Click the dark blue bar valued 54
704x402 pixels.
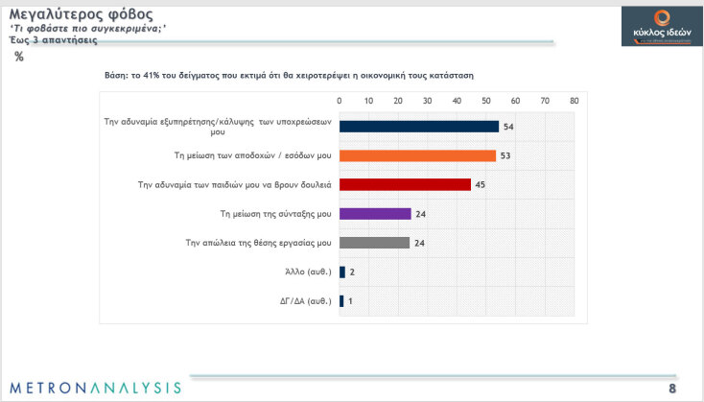419,127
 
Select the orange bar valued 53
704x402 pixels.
417,155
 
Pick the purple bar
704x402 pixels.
375,214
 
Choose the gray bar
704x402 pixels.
375,243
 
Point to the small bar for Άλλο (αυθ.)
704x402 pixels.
342,272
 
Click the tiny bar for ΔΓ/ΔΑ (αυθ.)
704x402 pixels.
341,301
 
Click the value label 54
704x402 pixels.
509,127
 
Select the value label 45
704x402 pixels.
482,184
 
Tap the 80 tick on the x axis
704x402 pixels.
574,100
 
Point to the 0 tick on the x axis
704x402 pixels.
340,100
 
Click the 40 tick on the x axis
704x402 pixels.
457,100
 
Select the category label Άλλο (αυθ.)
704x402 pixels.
307,272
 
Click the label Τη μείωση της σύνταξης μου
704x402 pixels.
275,214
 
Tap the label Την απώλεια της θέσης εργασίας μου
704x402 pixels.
258,243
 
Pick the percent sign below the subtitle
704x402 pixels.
19,57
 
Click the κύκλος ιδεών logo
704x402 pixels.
655,24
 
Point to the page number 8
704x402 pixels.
672,388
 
